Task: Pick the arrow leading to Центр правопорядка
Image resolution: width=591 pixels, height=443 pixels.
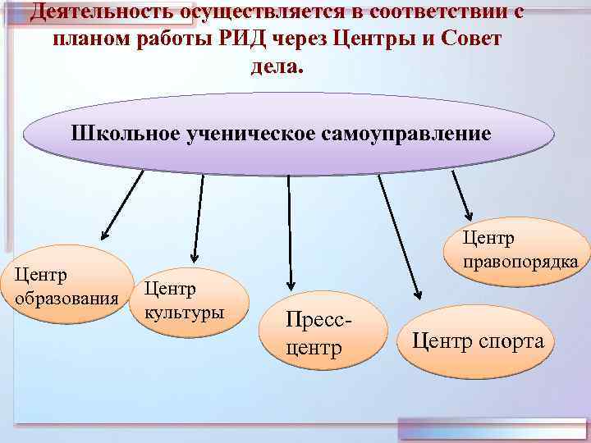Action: coord(462,197)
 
